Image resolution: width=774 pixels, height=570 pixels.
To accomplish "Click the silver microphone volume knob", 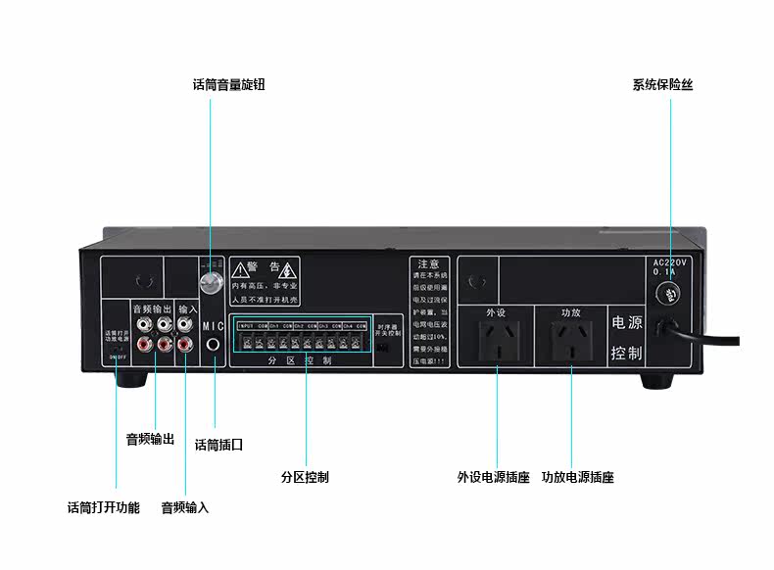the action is [x=209, y=285].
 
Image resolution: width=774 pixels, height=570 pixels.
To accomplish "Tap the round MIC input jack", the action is [x=214, y=346].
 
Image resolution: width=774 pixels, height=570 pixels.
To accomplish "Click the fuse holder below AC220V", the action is [x=671, y=293].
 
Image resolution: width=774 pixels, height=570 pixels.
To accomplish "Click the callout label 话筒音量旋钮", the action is [x=228, y=85].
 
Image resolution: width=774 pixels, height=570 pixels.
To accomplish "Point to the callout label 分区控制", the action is [x=305, y=478].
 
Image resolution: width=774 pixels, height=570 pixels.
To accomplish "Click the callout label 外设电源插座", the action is [x=494, y=478].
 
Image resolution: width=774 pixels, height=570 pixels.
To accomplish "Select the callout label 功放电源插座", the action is [x=578, y=478].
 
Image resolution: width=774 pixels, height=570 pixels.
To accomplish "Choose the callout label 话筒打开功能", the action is [x=104, y=508].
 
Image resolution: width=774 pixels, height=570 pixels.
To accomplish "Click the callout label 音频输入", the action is [x=185, y=508].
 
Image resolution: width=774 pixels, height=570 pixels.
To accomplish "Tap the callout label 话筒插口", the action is [x=218, y=445].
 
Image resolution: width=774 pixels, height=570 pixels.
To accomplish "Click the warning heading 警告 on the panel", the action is [x=265, y=266].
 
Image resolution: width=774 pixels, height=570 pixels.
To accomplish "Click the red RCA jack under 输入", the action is [x=185, y=344].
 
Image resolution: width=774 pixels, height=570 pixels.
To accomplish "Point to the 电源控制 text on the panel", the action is [x=626, y=337].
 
